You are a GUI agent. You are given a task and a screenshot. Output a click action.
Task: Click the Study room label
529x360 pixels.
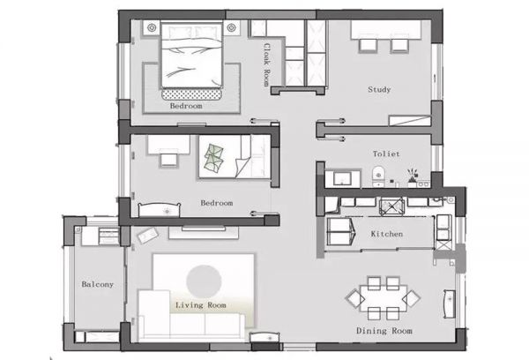tap(379, 89)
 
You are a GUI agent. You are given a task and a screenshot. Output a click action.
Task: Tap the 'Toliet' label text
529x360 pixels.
tap(386, 154)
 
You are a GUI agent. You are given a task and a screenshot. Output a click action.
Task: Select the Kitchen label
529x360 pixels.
tap(387, 234)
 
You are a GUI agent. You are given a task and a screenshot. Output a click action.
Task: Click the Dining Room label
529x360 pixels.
tap(384, 331)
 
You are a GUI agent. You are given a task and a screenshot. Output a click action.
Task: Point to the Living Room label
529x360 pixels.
tap(201, 305)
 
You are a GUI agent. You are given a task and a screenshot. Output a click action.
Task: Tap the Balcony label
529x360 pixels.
tap(97, 284)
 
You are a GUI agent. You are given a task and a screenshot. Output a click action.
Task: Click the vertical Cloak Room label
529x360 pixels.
tap(267, 64)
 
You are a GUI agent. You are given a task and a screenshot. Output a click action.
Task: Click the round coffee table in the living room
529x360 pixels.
tap(204, 282)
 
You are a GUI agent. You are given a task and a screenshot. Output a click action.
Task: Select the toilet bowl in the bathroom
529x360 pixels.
tap(378, 176)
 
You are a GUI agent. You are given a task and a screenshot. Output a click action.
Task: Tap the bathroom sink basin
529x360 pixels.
tap(342, 178)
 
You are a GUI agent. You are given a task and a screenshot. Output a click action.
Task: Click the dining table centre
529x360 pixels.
tap(384, 298)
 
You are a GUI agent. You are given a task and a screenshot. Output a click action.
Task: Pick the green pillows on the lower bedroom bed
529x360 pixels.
tap(213, 158)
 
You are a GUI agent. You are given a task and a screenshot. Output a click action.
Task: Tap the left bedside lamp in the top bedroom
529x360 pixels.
tap(152, 27)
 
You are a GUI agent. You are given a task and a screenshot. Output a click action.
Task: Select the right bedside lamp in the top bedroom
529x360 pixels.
tap(231, 27)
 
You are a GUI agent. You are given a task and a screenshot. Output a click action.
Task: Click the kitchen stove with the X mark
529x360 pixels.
tap(391, 206)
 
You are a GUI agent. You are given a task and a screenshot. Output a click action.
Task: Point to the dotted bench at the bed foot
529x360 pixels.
tap(191, 94)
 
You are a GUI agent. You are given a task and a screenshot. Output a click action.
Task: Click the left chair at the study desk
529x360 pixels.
tap(367, 45)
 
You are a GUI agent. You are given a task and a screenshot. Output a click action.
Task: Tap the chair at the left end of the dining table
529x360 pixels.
tap(354, 298)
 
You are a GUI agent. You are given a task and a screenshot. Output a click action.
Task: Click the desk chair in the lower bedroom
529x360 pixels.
tap(168, 160)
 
